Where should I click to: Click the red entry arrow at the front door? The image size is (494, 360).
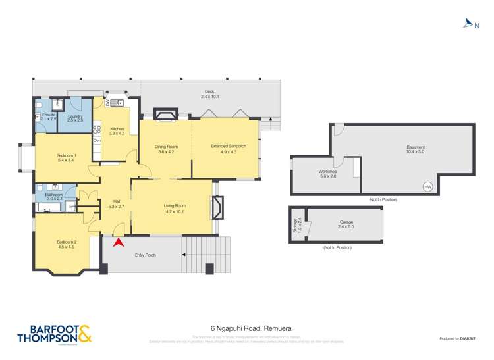(x=119, y=243)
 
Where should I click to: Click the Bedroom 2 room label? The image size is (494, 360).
(x=67, y=242)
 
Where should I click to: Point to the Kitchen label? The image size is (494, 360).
(x=116, y=129)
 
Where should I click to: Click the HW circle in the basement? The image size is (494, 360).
(x=427, y=187)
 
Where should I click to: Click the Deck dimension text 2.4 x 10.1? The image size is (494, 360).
(x=210, y=97)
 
